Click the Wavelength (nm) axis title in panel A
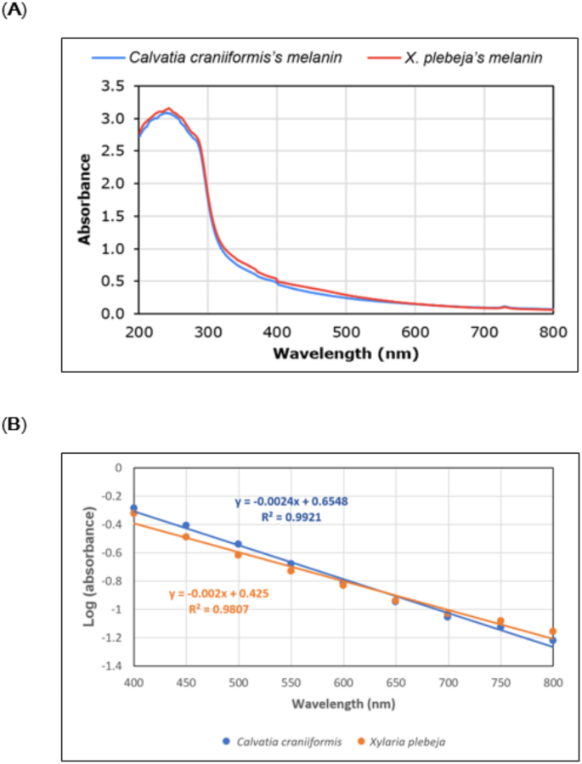[x=345, y=348]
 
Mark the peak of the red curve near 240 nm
[x=168, y=109]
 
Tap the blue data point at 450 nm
[x=186, y=525]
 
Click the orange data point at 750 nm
[x=500, y=621]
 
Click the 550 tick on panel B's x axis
[x=291, y=682]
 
